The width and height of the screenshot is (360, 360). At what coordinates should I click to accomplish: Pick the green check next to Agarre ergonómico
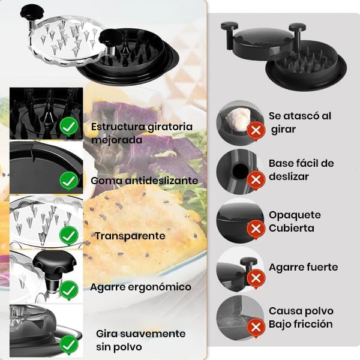coord(69,290)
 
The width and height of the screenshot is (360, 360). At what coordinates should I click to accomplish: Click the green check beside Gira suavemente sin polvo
coord(69,345)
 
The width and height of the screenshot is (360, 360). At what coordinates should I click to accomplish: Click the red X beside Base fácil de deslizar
coord(256,180)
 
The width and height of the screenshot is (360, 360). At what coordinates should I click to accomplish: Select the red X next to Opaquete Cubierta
coord(256,229)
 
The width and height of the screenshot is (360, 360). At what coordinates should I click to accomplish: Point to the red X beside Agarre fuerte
coord(256,279)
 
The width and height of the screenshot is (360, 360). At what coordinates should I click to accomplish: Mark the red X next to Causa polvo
coord(256,328)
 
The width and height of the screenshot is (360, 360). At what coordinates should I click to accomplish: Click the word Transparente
coord(130,236)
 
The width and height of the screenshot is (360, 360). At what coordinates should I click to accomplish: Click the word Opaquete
coord(295,216)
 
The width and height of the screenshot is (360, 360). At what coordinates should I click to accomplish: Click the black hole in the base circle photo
coord(241,171)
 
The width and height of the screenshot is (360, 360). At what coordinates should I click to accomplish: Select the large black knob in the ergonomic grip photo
coord(55,263)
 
